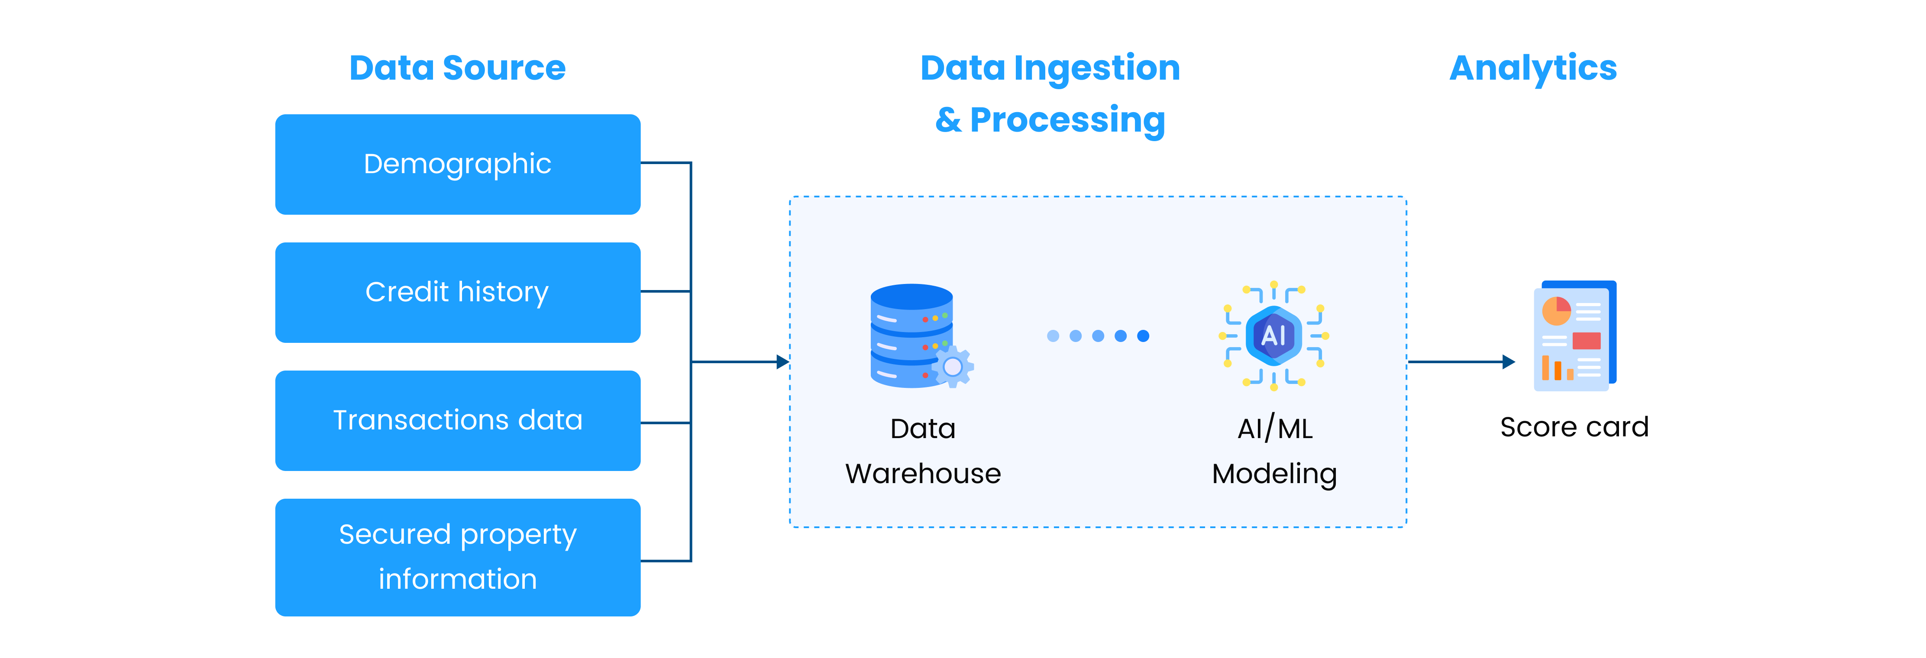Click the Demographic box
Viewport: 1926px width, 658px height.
point(458,164)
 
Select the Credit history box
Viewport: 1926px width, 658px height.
point(458,292)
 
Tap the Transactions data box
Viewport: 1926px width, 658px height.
point(458,420)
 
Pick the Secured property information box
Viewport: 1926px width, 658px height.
point(458,557)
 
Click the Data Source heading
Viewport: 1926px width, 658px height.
point(458,68)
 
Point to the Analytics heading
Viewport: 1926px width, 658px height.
point(1533,68)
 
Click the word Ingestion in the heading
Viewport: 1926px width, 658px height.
point(1097,68)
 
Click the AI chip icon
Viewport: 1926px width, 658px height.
point(1273,336)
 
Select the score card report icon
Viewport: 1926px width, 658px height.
point(1574,336)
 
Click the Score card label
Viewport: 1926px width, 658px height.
point(1574,427)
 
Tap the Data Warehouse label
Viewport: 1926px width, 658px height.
point(923,451)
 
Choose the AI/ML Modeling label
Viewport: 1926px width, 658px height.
point(1274,451)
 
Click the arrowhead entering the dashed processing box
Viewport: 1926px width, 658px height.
point(783,362)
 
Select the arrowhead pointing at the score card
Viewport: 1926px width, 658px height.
point(1509,362)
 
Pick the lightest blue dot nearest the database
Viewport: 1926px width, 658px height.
point(1053,336)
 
